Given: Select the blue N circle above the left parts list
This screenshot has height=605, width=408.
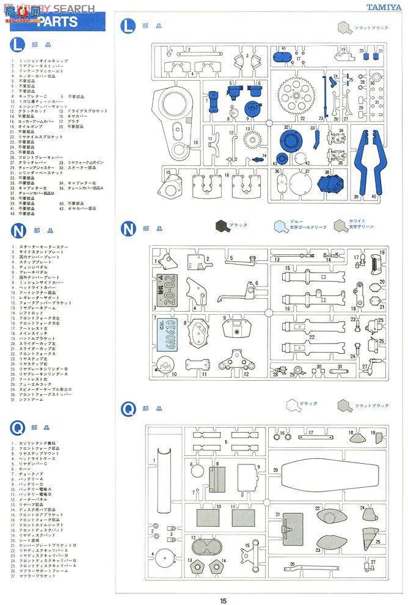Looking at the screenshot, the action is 19,230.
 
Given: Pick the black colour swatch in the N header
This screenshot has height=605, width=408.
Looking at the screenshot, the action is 221,226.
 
